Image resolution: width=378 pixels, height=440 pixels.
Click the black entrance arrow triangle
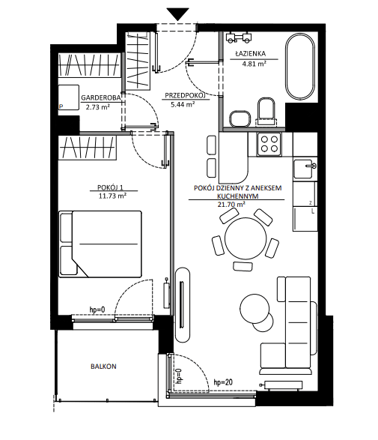click(177, 13)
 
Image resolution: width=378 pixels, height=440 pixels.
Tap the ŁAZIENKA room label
click(251, 53)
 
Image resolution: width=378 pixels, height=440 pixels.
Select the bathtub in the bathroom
click(299, 66)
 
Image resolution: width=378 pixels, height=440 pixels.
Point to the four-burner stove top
click(269, 144)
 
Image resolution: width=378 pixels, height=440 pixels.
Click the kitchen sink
click(305, 169)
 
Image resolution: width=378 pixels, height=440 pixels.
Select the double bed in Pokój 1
click(100, 244)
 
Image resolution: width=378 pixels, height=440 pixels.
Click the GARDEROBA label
click(101, 97)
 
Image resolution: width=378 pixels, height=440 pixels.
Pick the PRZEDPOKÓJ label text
click(185, 95)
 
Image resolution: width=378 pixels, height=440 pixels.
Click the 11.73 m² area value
click(112, 196)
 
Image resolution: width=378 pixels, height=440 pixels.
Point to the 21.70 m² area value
click(231, 204)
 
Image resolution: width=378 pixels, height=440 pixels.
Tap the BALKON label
click(103, 367)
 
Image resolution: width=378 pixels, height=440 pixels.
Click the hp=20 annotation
click(223, 382)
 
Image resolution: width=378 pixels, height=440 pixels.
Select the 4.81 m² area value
click(254, 64)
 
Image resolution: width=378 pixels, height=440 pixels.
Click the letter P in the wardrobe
click(61, 106)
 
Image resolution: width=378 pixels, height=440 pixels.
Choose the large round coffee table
click(254, 309)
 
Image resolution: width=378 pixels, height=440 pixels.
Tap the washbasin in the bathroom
click(240, 118)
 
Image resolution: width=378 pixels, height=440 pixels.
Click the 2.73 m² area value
click(98, 107)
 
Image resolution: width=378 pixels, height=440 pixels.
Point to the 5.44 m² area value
click(183, 104)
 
